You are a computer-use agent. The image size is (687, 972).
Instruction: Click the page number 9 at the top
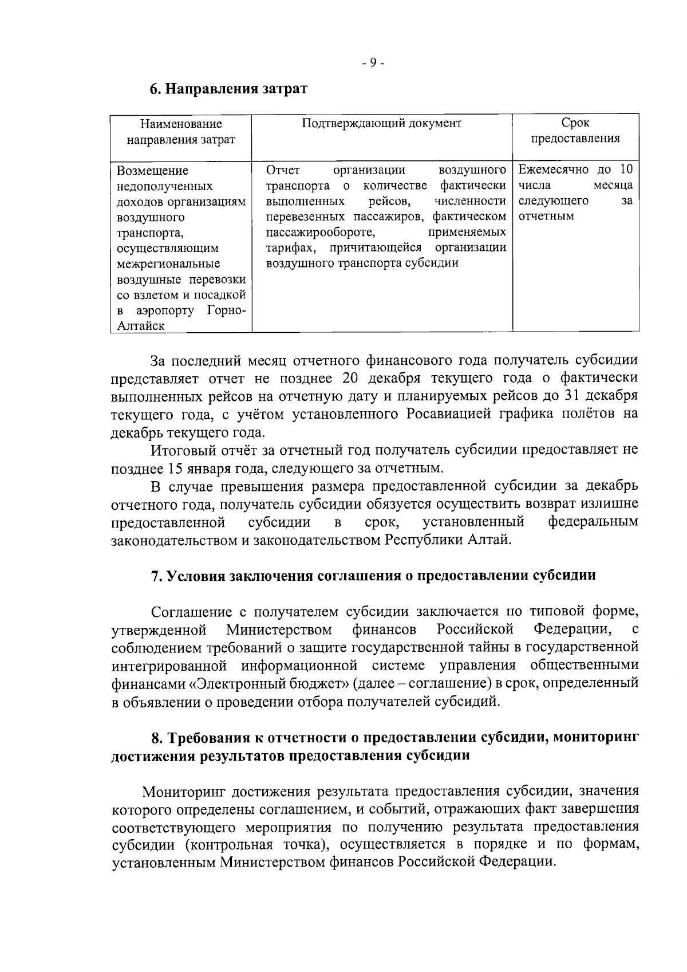(x=373, y=62)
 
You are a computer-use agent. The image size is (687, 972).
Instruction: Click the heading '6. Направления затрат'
(x=228, y=89)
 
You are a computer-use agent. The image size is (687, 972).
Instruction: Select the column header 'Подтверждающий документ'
(x=381, y=123)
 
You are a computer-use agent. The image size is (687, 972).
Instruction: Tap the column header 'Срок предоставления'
(x=575, y=131)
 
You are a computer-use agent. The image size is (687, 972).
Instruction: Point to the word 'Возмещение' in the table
(x=152, y=171)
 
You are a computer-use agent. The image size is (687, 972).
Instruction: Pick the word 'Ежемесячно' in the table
(x=552, y=170)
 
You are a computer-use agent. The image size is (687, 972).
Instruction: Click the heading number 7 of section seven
(x=155, y=576)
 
